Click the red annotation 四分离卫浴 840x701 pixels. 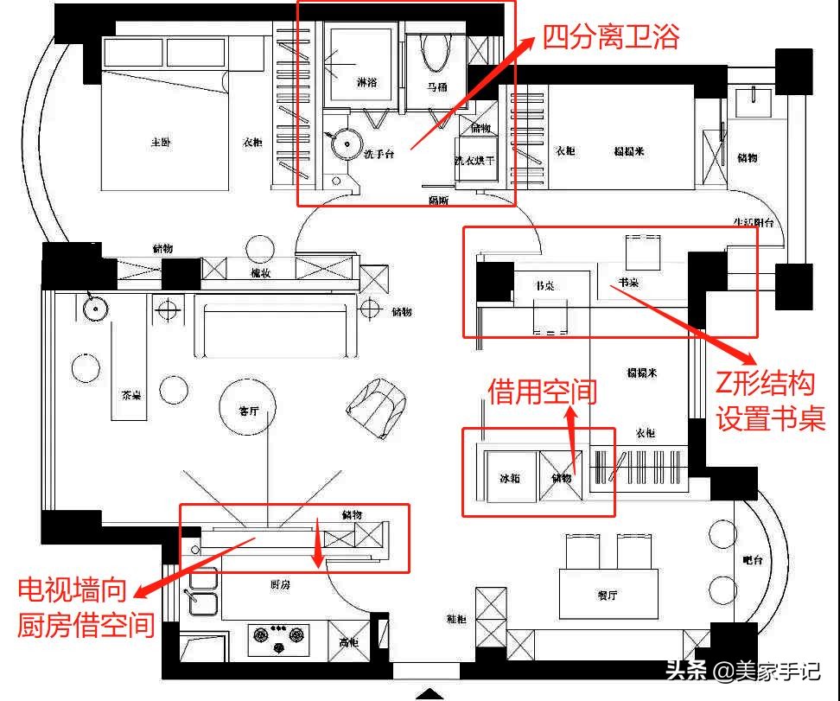tap(612, 36)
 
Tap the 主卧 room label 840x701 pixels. tap(160, 141)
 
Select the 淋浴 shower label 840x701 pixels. tap(367, 83)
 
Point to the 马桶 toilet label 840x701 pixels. tap(437, 86)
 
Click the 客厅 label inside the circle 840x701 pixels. tap(249, 411)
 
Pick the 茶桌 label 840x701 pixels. tap(131, 395)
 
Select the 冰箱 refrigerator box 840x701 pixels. tap(510, 478)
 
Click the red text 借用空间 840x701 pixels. tap(542, 392)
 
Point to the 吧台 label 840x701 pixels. tap(753, 560)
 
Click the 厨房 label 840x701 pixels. tap(280, 585)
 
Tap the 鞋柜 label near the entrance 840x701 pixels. tap(457, 618)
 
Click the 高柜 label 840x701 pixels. tap(349, 642)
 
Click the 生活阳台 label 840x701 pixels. tap(758, 222)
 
